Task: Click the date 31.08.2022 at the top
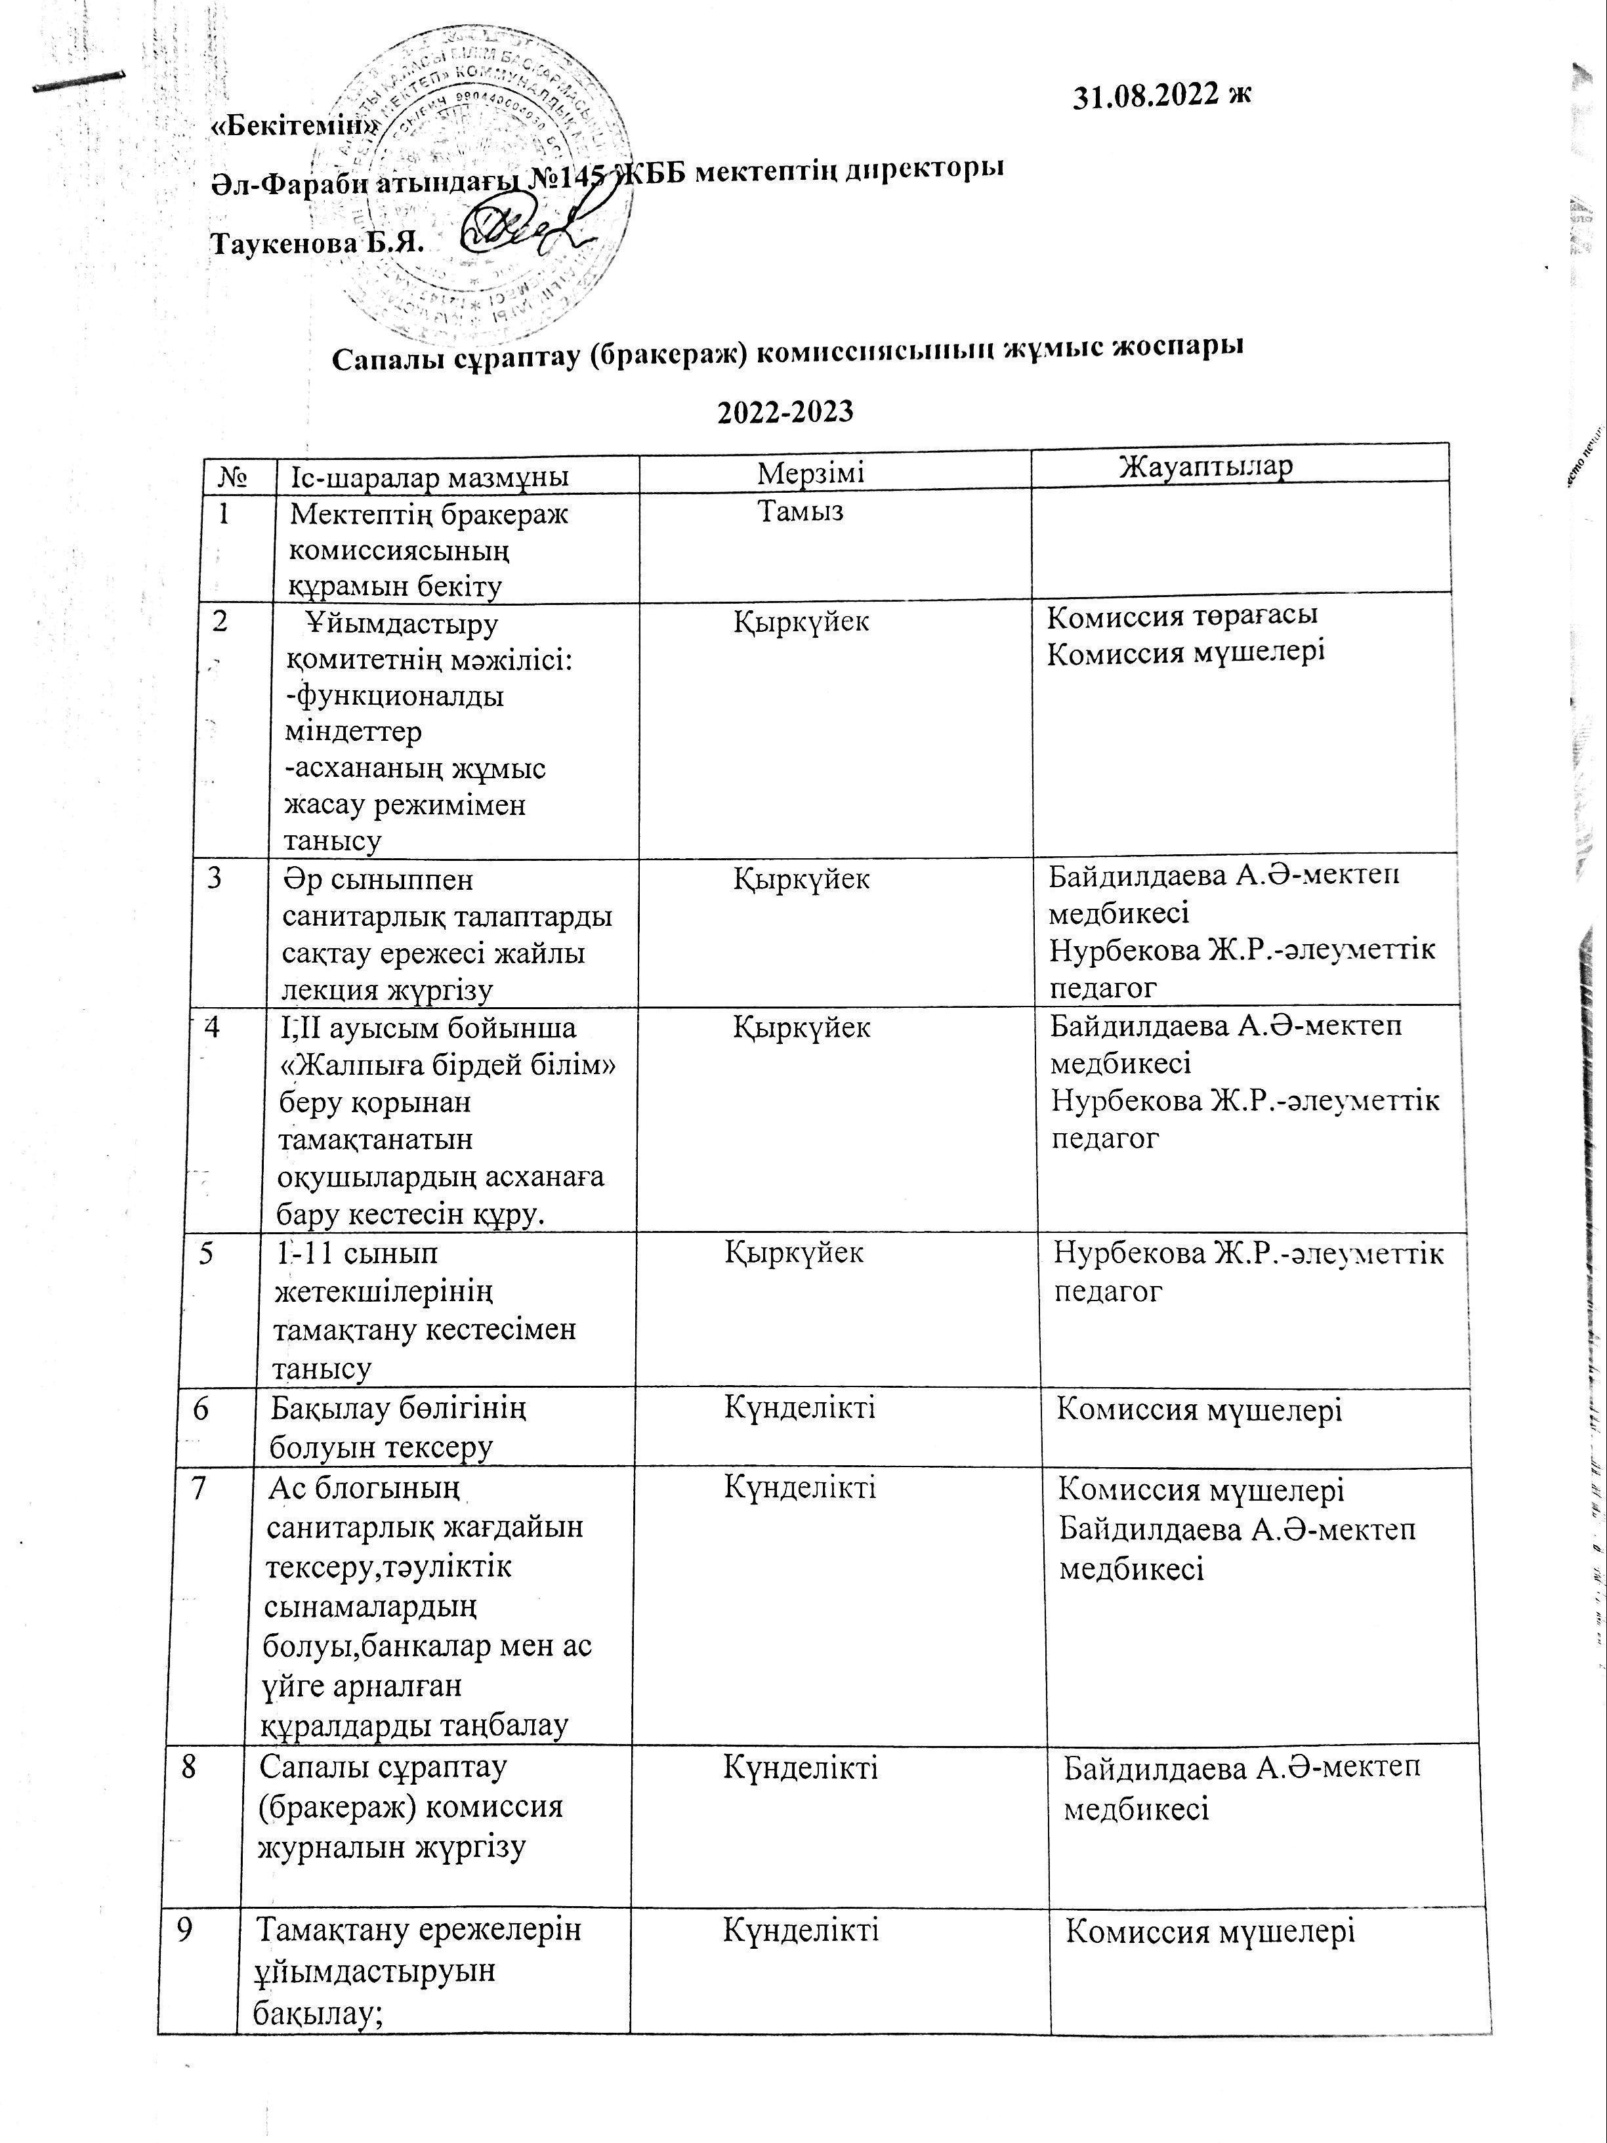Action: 1162,96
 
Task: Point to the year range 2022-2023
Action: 785,412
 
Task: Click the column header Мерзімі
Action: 811,473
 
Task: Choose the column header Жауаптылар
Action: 1206,466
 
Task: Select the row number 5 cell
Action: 206,1254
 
